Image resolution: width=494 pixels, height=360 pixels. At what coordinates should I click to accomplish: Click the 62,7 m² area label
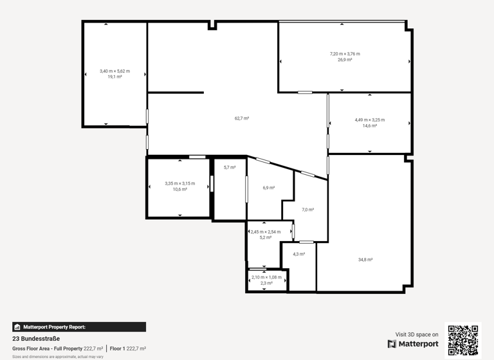(x=241, y=118)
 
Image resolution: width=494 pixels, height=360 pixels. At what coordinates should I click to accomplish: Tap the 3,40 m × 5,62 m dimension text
(x=114, y=71)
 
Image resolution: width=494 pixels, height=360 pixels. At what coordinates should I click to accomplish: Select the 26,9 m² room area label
(x=345, y=60)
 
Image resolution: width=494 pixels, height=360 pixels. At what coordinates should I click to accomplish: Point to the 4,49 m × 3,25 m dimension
(x=370, y=120)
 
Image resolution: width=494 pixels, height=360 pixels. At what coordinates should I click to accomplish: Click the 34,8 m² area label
(x=365, y=260)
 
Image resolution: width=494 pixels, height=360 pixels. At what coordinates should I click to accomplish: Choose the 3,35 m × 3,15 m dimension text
(x=179, y=183)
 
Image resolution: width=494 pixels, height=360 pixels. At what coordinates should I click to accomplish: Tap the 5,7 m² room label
(x=229, y=167)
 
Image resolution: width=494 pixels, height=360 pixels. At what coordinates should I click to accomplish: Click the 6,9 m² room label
(x=268, y=188)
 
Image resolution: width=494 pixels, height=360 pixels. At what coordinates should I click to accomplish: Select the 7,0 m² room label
(x=307, y=210)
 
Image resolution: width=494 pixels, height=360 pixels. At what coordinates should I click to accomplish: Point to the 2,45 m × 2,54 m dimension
(x=266, y=231)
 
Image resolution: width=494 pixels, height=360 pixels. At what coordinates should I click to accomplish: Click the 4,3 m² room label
(x=298, y=254)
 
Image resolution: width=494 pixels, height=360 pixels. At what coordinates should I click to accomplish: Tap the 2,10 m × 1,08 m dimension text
(x=266, y=277)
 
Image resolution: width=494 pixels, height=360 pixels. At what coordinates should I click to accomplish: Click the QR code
(x=463, y=340)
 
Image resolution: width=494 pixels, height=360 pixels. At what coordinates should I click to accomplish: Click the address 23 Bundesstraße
(x=36, y=338)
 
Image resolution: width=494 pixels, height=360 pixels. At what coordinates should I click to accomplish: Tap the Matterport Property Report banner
(x=78, y=327)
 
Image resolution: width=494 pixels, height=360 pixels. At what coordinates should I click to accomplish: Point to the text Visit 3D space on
(x=417, y=334)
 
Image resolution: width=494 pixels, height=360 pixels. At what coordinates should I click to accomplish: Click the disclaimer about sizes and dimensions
(x=58, y=356)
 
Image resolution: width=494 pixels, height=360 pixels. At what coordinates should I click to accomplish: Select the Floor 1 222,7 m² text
(x=127, y=348)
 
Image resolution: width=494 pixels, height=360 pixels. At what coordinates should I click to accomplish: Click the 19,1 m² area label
(x=114, y=76)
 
